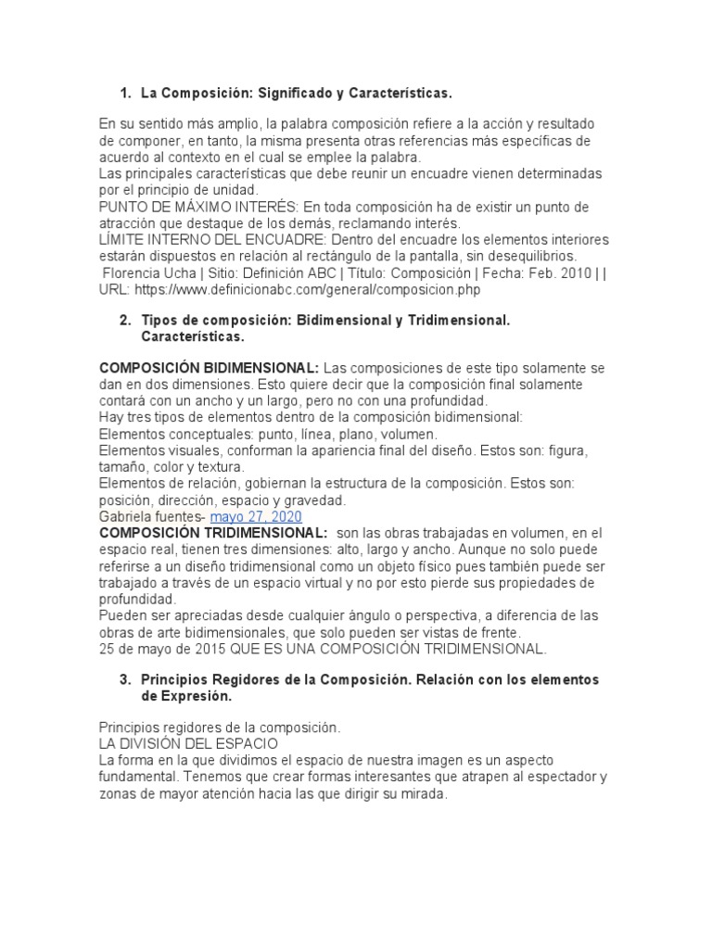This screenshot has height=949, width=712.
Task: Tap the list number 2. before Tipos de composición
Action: point(125,320)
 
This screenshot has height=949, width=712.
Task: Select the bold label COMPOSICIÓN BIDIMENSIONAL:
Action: point(210,368)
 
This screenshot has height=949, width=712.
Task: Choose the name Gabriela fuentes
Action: point(149,516)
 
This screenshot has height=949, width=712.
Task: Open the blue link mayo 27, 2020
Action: point(256,516)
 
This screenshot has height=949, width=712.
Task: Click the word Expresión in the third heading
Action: point(186,696)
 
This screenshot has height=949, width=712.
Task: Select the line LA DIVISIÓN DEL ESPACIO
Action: point(188,743)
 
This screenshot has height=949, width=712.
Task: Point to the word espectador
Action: point(549,777)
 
